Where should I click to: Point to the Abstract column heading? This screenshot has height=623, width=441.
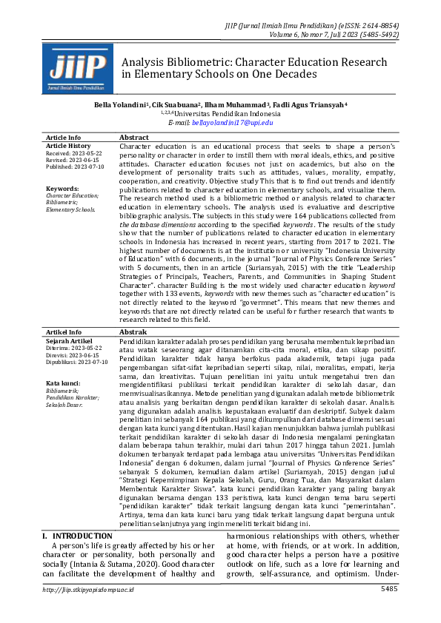pos(134,138)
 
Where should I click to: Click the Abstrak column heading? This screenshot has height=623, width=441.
pos(133,333)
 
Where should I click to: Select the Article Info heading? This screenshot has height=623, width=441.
pos(64,138)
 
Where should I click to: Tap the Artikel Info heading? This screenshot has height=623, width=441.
pos(64,333)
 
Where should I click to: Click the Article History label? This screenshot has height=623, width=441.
pos(69,146)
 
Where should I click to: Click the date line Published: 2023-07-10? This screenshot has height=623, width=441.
pos(76,166)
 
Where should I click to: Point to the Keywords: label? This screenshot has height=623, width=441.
pos(62,189)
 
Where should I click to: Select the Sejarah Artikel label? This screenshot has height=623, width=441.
pos(70,340)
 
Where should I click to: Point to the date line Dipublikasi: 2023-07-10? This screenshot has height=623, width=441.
pos(77,362)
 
